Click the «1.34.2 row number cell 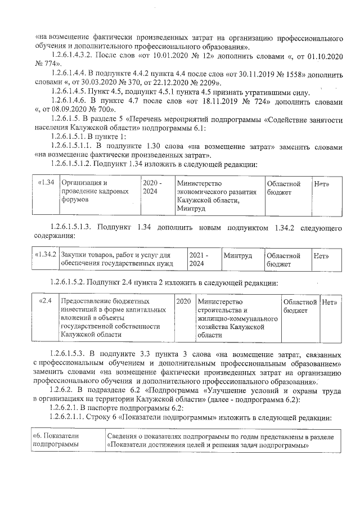[x=46, y=255]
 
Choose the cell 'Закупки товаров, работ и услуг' [x=116, y=259]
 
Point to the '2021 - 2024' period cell [x=199, y=259]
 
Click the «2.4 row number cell [x=46, y=301]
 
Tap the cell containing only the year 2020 [x=183, y=301]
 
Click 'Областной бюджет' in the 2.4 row [x=299, y=305]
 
